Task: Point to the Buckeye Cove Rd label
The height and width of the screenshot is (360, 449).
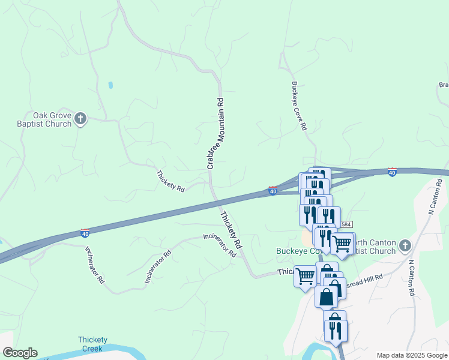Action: tap(299, 106)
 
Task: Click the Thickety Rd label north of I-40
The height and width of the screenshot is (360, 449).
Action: tap(170, 181)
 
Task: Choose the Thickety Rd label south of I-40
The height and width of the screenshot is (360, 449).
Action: tap(231, 230)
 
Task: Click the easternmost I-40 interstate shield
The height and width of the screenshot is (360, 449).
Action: tap(391, 172)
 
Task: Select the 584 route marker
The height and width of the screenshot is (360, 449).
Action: tap(346, 224)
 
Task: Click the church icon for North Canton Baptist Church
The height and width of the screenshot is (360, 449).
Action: tap(405, 245)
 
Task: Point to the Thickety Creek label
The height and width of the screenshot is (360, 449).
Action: tap(91, 344)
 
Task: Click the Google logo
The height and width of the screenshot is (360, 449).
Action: tap(20, 353)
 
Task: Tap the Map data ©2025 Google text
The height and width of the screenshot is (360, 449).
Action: tap(412, 355)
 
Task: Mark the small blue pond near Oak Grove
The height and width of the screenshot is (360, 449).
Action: tap(110, 85)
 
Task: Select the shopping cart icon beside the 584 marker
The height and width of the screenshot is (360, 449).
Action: tap(342, 244)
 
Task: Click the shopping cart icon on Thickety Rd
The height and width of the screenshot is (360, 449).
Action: tap(306, 276)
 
